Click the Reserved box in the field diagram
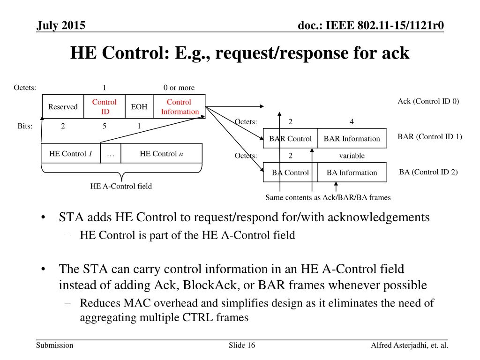(63, 107)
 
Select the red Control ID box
(104, 107)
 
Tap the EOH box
(139, 107)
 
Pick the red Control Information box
(180, 107)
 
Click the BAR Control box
(290, 139)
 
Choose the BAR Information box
(352, 139)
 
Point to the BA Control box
(290, 172)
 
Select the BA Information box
(352, 172)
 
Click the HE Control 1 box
(70, 154)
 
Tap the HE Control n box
(161, 154)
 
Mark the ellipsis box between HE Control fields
(111, 154)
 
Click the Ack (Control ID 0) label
(428, 101)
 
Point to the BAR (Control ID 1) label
(429, 137)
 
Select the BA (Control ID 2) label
(428, 172)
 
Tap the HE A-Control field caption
(121, 186)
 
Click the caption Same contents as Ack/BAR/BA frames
(328, 197)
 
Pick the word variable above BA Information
(352, 156)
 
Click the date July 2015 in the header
(61, 26)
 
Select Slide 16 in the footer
(242, 345)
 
